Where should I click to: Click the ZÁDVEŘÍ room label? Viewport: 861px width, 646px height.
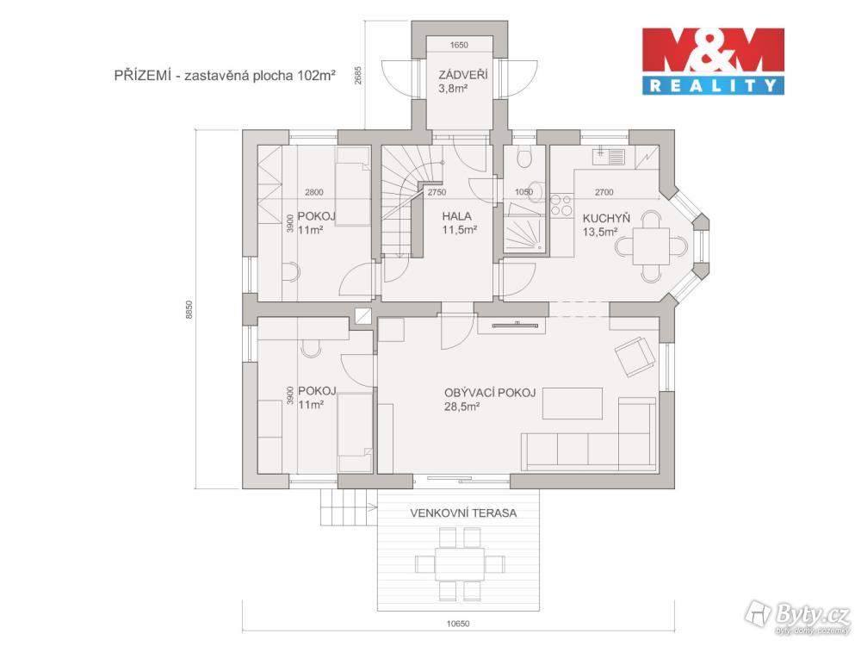pyautogui.click(x=462, y=75)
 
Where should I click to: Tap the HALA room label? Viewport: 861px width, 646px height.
pyautogui.click(x=456, y=216)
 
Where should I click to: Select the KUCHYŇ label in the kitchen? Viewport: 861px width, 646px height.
pyautogui.click(x=606, y=218)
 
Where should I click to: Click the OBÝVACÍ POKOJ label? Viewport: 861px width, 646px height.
pyautogui.click(x=490, y=393)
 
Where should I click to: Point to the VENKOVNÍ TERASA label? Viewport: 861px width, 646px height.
pyautogui.click(x=463, y=513)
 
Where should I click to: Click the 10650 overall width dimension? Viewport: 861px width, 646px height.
pyautogui.click(x=457, y=624)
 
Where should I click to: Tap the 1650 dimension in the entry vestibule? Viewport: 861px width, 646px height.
pyautogui.click(x=459, y=45)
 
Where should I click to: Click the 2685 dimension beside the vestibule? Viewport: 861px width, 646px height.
pyautogui.click(x=358, y=75)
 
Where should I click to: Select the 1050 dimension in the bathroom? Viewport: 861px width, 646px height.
pyautogui.click(x=523, y=192)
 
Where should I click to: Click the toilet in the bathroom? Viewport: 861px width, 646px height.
pyautogui.click(x=524, y=157)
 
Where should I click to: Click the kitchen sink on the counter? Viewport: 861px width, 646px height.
pyautogui.click(x=609, y=157)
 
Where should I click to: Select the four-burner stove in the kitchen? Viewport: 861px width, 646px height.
pyautogui.click(x=561, y=205)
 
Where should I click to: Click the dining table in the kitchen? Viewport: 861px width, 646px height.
pyautogui.click(x=651, y=246)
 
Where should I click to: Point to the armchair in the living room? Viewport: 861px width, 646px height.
pyautogui.click(x=635, y=356)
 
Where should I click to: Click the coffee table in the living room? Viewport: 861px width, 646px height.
pyautogui.click(x=573, y=403)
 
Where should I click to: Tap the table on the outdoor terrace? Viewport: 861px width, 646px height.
pyautogui.click(x=460, y=564)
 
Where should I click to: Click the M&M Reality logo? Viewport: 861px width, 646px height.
pyautogui.click(x=713, y=61)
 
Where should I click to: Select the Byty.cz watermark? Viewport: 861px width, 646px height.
pyautogui.click(x=798, y=614)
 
